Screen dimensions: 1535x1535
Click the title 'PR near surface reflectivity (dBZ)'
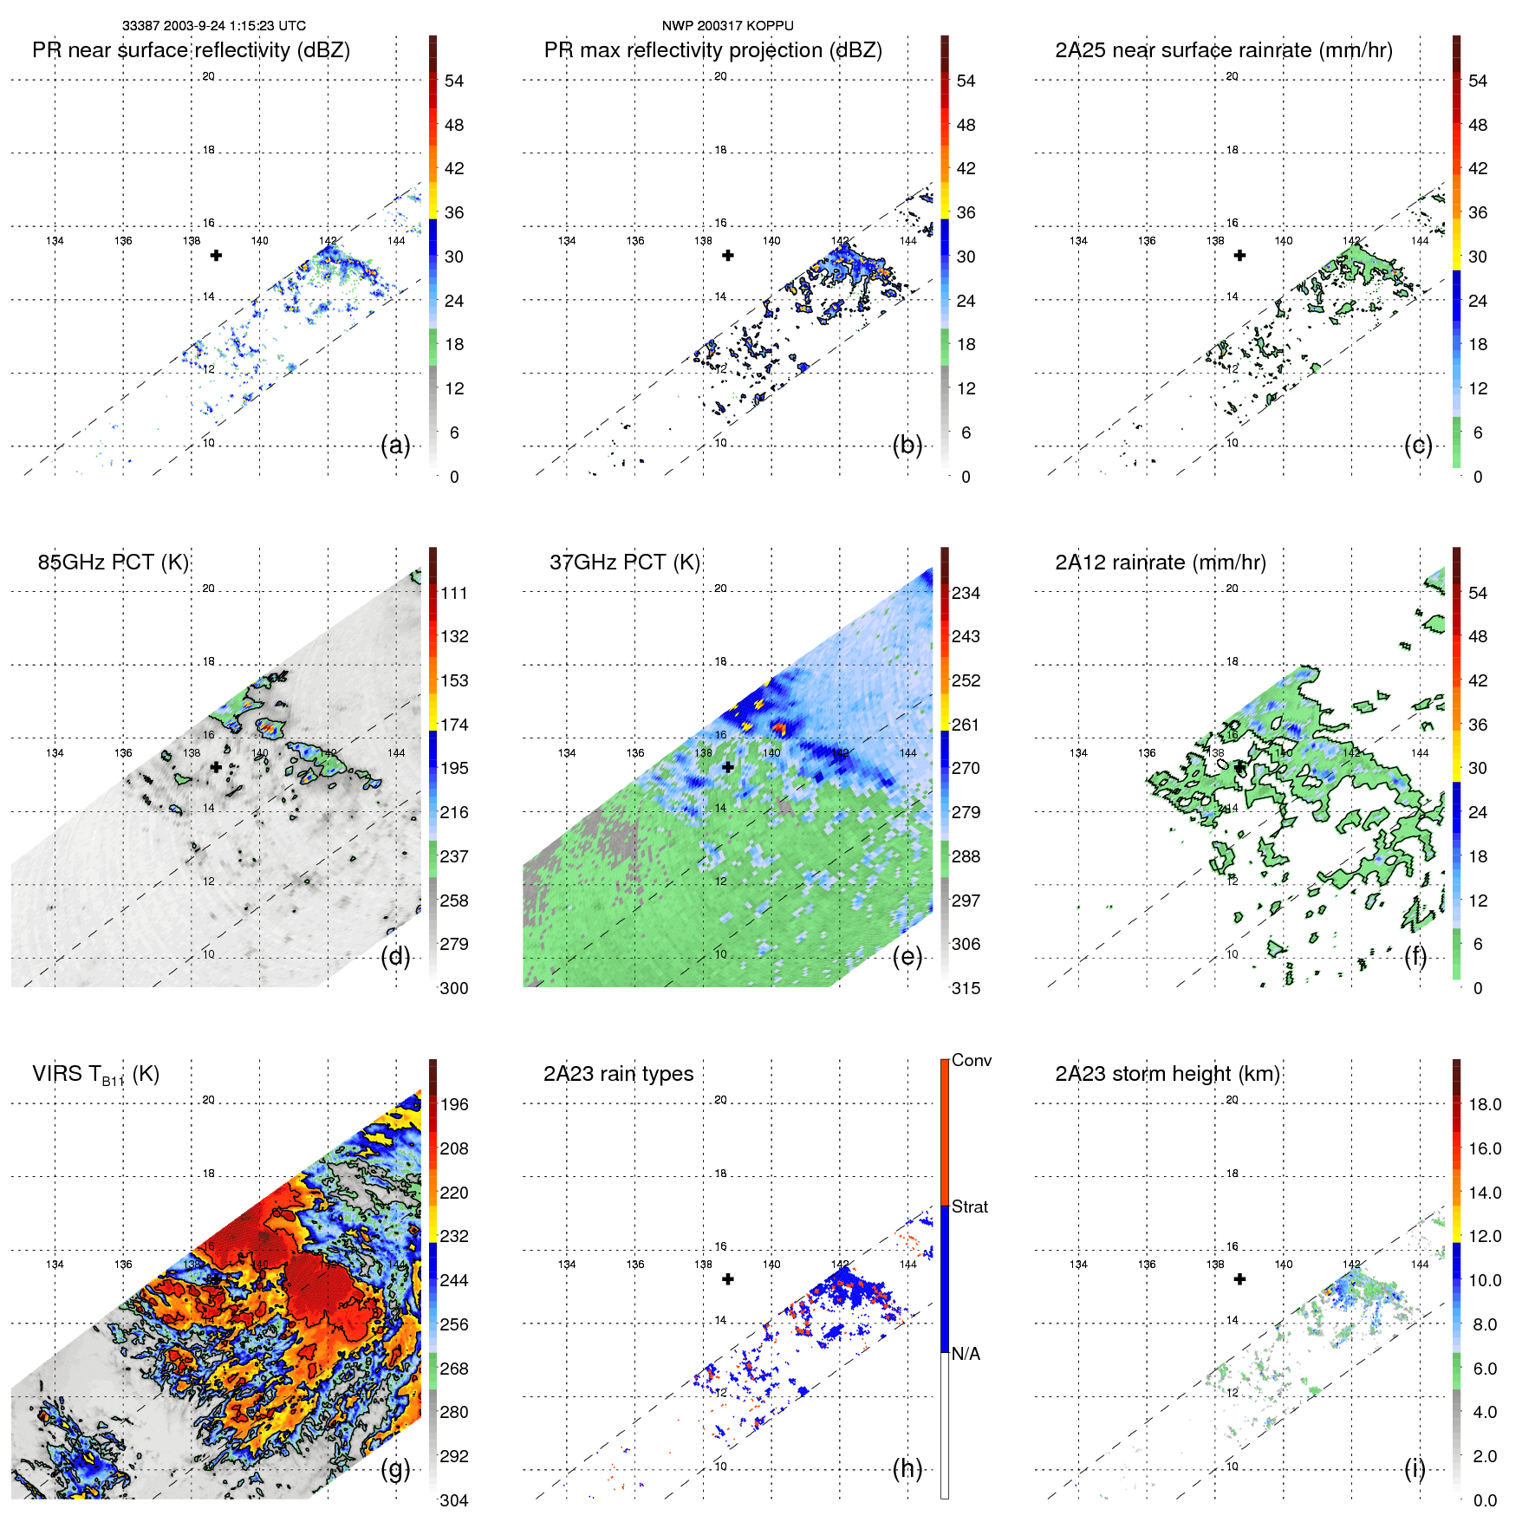point(191,50)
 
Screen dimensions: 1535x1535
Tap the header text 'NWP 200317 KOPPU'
point(727,26)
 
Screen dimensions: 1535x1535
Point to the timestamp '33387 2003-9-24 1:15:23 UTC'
point(213,26)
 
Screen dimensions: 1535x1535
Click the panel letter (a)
point(395,446)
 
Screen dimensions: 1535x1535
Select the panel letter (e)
point(907,957)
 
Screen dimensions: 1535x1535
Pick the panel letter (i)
point(1415,1468)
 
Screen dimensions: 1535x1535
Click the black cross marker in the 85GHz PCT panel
point(216,767)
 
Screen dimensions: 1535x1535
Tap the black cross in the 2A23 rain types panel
point(728,1278)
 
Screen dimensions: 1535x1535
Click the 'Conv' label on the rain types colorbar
point(971,1060)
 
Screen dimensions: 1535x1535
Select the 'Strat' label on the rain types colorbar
point(969,1207)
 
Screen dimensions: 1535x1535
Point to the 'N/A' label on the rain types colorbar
point(966,1354)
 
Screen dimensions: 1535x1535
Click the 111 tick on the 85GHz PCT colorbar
point(453,594)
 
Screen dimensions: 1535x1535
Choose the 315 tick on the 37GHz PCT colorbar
point(966,988)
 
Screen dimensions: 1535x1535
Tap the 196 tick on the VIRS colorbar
point(453,1105)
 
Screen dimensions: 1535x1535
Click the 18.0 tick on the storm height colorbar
point(1484,1105)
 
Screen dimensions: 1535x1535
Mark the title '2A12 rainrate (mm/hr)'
point(1160,563)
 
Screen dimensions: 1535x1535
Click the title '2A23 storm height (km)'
point(1167,1074)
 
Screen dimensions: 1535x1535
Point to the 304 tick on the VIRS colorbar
point(453,1500)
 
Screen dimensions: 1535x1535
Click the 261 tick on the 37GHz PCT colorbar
point(966,725)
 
